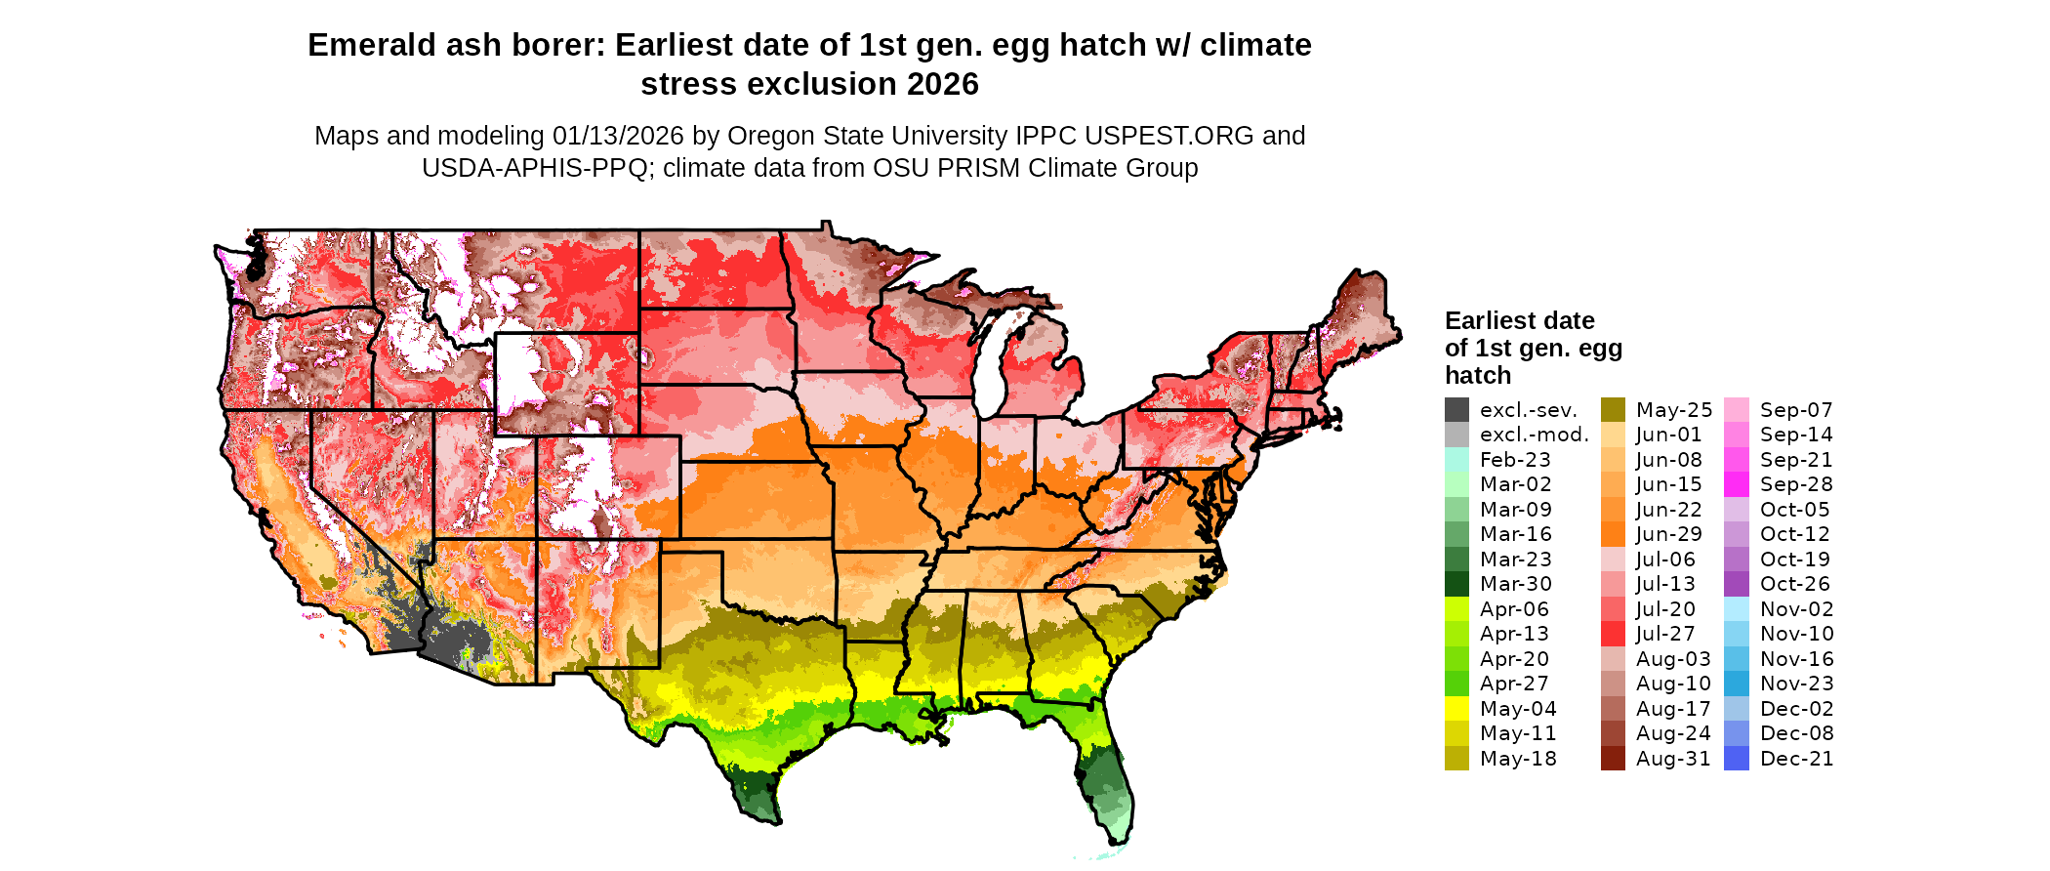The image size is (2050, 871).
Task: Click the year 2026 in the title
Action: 942,85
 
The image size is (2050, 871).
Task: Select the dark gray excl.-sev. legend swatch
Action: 1456,410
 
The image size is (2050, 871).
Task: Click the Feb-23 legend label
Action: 1515,460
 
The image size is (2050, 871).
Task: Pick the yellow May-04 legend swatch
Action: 1456,709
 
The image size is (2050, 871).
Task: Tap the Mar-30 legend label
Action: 1515,584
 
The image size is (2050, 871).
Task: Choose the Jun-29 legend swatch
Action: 1613,534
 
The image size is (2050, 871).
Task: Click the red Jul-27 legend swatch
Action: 1613,634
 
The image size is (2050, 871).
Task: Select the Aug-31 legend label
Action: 1673,759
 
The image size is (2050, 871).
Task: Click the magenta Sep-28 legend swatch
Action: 1737,484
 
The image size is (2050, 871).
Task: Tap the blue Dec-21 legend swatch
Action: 1737,759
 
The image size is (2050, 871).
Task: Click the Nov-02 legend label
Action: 1796,609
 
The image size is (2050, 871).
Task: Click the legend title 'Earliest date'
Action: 1519,321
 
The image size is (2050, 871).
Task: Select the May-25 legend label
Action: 1674,410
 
